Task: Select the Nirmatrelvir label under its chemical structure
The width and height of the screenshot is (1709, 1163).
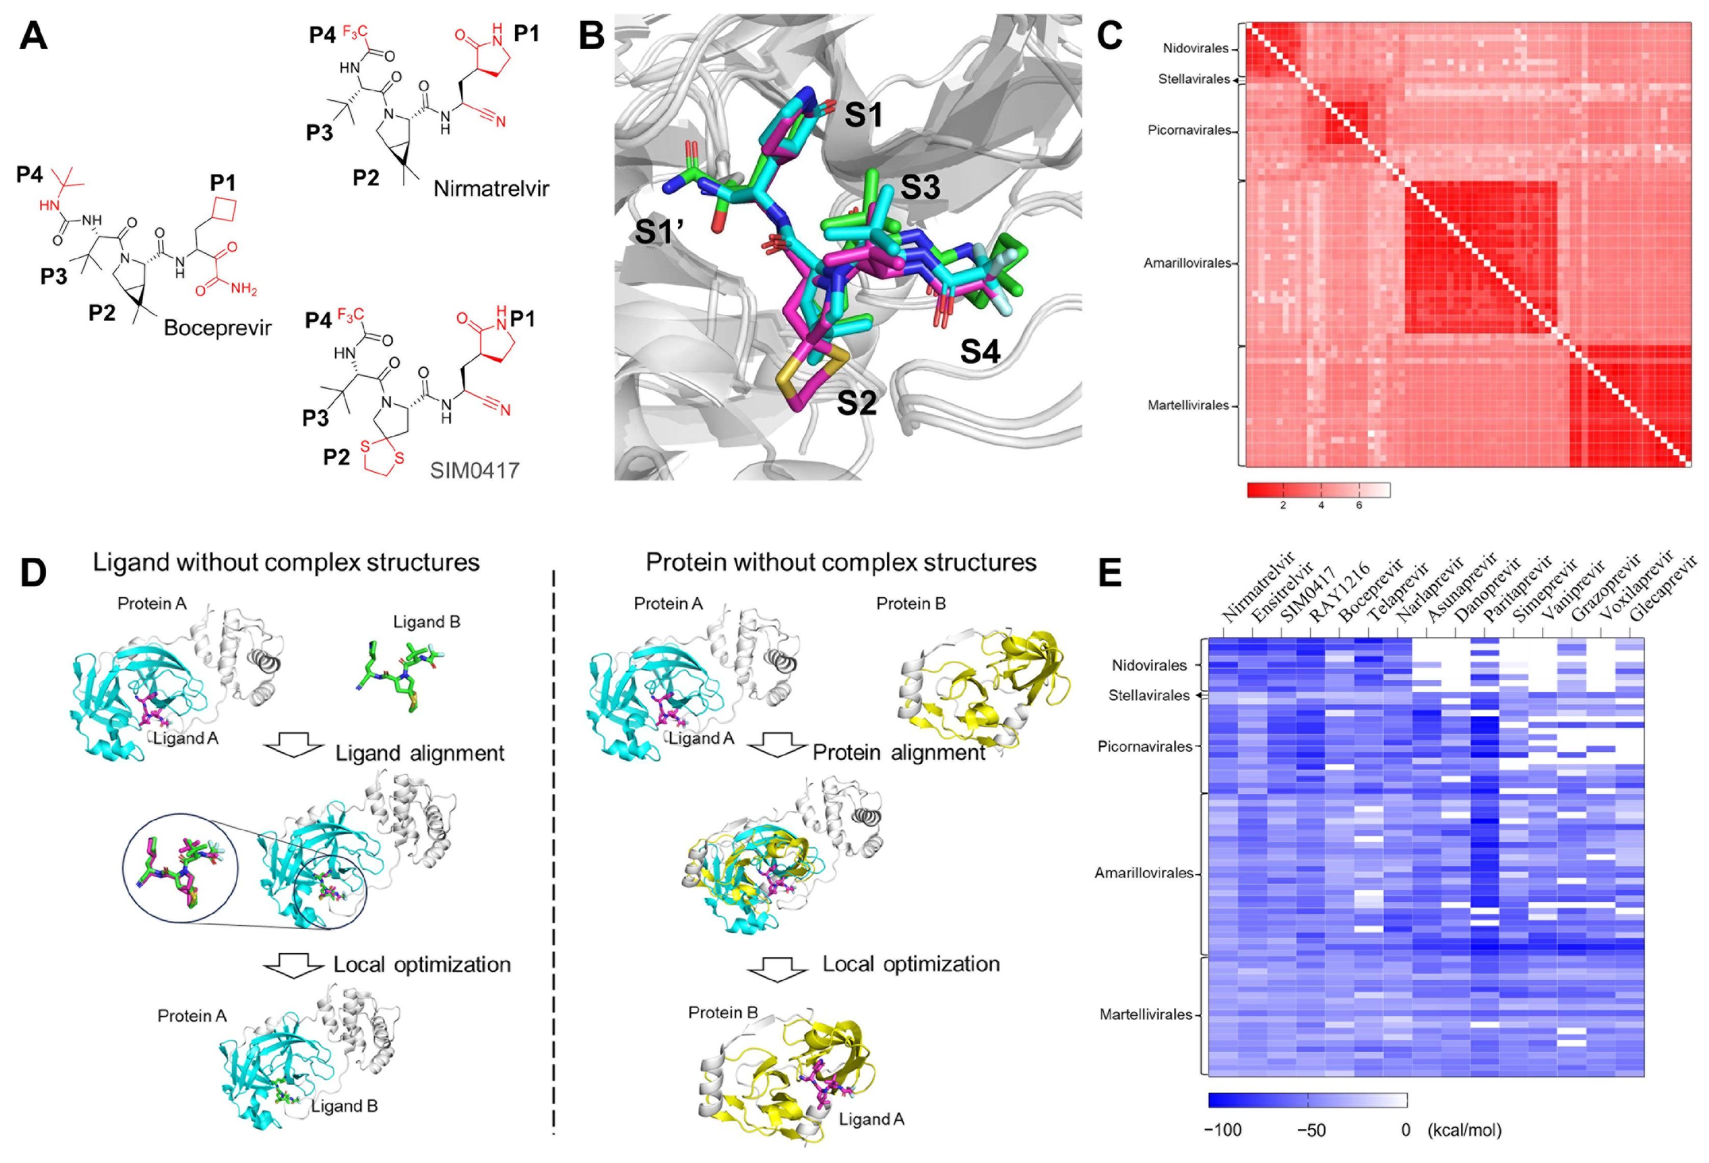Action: click(x=490, y=189)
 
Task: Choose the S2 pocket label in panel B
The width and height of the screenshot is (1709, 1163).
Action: click(x=857, y=403)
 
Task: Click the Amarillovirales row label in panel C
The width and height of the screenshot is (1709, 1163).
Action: click(x=1187, y=263)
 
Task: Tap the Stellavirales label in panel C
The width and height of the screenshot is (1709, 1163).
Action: click(x=1194, y=79)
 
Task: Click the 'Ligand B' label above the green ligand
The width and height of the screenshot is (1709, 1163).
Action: click(x=427, y=622)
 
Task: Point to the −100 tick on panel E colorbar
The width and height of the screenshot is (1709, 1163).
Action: click(x=1222, y=1130)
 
